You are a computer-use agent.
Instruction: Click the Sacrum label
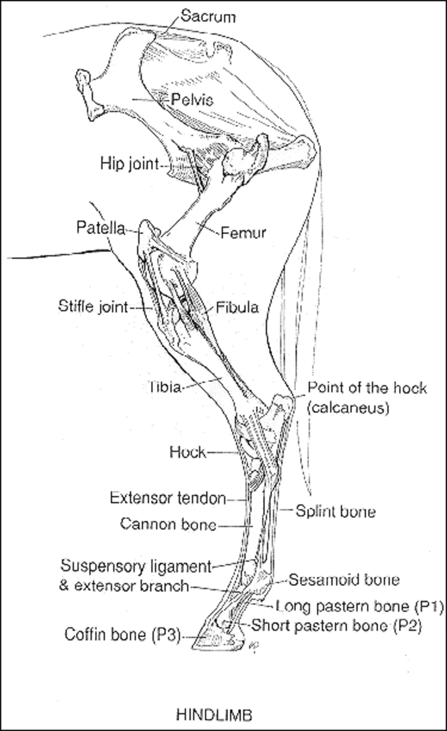tap(208, 16)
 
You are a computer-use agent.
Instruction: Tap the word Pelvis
tap(192, 101)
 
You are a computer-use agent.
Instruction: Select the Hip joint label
tap(128, 163)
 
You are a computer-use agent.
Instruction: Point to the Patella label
tap(101, 228)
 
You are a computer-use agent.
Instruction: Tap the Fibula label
tap(238, 308)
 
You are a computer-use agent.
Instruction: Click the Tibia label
tap(165, 387)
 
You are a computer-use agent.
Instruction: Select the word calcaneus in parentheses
tap(348, 408)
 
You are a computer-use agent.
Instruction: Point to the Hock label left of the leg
tap(188, 452)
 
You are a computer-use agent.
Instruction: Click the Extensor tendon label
tap(168, 498)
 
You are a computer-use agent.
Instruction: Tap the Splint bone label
tap(336, 512)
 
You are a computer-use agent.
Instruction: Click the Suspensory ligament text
tap(135, 565)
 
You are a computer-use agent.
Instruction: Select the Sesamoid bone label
tap(344, 579)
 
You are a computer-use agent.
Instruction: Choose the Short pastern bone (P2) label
tap(337, 625)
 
